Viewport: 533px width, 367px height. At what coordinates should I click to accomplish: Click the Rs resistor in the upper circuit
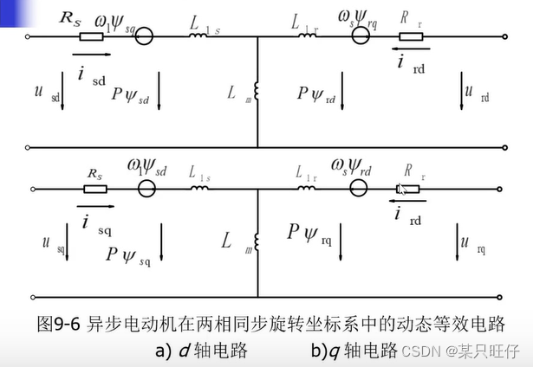coord(90,37)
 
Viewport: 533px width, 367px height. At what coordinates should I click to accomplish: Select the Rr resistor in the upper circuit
coord(410,37)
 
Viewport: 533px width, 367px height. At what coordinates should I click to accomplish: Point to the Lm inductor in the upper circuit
coord(257,89)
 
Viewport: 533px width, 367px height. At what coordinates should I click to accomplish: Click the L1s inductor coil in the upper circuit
coord(202,37)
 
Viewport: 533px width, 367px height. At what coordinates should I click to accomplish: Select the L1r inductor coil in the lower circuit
coord(307,188)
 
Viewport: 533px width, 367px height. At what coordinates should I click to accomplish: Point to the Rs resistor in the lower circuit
coord(95,188)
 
